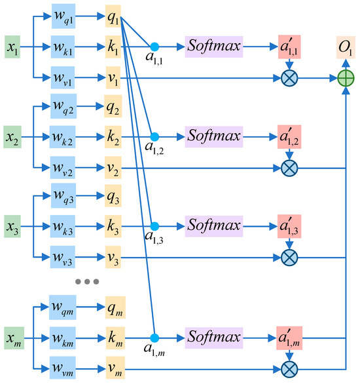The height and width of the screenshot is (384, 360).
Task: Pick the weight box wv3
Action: (64, 258)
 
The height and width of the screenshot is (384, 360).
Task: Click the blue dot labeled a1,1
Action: (154, 47)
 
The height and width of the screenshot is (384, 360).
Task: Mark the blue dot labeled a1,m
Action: (154, 339)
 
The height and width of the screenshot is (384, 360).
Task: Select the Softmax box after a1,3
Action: (213, 227)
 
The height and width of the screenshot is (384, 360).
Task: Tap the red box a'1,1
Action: (288, 47)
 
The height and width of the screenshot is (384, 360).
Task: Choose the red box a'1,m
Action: (288, 339)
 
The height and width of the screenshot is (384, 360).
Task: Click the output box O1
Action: (344, 47)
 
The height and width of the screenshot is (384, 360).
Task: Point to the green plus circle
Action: (344, 79)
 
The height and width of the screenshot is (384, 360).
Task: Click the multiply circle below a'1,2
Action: (288, 169)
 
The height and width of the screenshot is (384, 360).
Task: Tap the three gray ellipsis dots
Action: (87, 281)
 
